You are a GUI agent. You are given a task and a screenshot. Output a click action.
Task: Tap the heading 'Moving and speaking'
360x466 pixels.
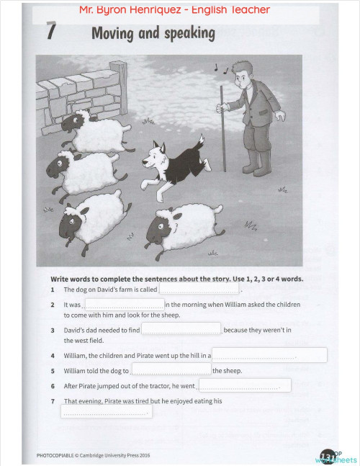tap(153, 33)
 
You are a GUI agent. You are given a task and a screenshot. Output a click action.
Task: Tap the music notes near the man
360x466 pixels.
tap(220, 68)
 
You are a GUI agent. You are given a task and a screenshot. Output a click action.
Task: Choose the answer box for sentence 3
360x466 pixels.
tap(181, 329)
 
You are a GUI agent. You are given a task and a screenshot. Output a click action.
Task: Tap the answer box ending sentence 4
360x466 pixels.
tap(269, 355)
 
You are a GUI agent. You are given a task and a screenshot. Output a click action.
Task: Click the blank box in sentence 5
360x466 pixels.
tap(171, 370)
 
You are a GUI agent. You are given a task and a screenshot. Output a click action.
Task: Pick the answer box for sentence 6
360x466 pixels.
tap(245, 386)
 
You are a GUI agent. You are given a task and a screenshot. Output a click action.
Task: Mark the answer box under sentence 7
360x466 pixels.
tap(106, 411)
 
